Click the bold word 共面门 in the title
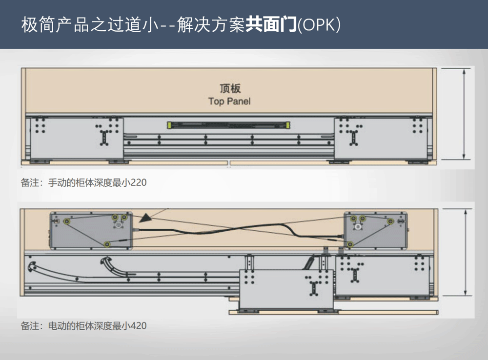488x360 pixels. point(271,24)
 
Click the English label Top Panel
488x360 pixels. point(229,101)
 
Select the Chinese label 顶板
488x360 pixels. point(229,89)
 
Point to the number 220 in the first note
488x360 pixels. point(139,183)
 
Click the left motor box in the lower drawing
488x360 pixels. point(91,229)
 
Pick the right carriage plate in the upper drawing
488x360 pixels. point(381,138)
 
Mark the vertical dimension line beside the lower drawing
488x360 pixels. point(467,252)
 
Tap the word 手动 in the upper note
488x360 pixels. point(57,183)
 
